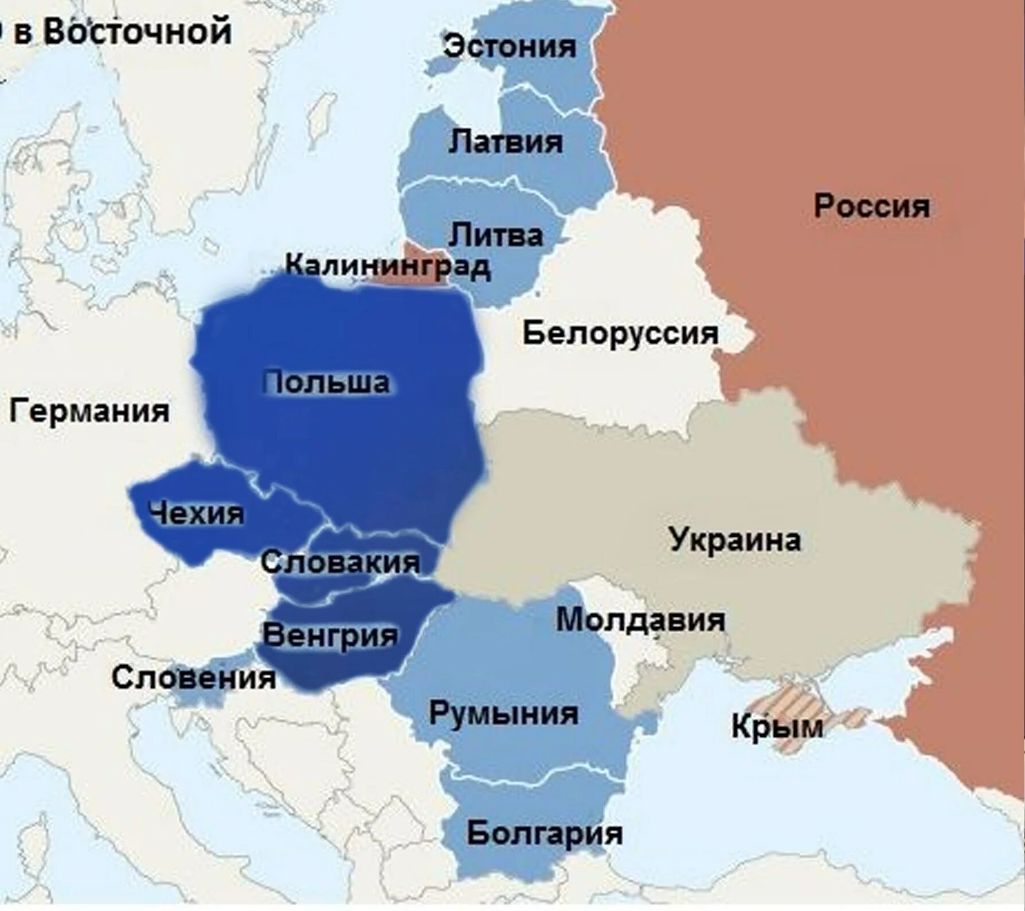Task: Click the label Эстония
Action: point(510,46)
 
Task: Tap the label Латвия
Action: point(506,141)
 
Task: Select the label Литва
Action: point(495,235)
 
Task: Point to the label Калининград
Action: point(388,265)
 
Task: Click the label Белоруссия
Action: point(620,333)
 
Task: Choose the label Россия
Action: point(871,206)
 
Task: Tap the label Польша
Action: point(327,382)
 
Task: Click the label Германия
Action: point(89,411)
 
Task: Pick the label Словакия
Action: point(341,562)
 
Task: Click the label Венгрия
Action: point(330,635)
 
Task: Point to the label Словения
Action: point(194,678)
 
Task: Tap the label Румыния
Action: point(503,714)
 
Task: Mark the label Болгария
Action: point(544,833)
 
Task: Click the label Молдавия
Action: point(640,620)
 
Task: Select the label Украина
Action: point(734,539)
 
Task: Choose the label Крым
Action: point(777,727)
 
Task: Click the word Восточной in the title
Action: point(138,31)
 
